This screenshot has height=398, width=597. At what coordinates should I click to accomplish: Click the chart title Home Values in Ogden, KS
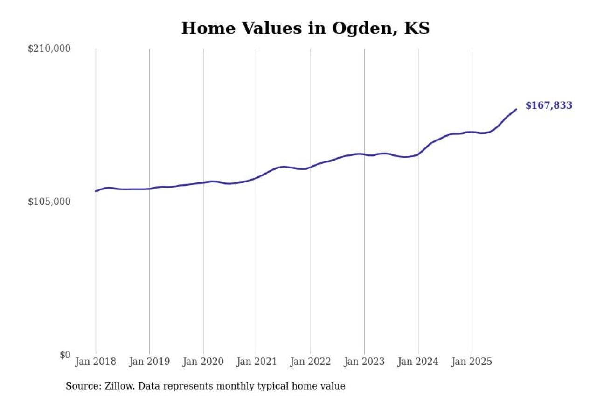pyautogui.click(x=305, y=28)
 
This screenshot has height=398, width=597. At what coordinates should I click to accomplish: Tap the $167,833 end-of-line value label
pyautogui.click(x=548, y=106)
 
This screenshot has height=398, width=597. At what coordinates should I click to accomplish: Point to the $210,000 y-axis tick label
pyautogui.click(x=49, y=49)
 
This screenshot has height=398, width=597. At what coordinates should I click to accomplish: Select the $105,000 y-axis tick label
pyautogui.click(x=49, y=202)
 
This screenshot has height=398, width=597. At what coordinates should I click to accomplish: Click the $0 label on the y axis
pyautogui.click(x=65, y=355)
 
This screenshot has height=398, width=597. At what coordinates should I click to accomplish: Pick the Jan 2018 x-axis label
pyautogui.click(x=96, y=362)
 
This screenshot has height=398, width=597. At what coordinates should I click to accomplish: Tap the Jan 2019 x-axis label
pyautogui.click(x=149, y=362)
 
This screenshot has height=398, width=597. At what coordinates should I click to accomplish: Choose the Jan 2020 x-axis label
pyautogui.click(x=203, y=362)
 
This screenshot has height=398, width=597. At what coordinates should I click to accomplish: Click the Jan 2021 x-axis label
pyautogui.click(x=257, y=362)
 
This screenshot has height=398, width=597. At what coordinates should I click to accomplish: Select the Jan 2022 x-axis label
pyautogui.click(x=310, y=362)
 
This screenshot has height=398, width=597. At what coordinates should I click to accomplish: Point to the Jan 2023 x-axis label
pyautogui.click(x=364, y=362)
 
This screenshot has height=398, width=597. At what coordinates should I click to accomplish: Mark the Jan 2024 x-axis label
pyautogui.click(x=418, y=362)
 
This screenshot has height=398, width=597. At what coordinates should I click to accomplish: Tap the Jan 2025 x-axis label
pyautogui.click(x=472, y=362)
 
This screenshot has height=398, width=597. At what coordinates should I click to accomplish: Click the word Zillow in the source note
pyautogui.click(x=116, y=386)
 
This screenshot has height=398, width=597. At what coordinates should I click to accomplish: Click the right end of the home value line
pyautogui.click(x=516, y=109)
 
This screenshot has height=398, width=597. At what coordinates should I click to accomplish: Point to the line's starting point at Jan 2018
pyautogui.click(x=96, y=191)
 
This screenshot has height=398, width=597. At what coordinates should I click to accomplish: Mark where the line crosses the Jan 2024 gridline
pyautogui.click(x=418, y=154)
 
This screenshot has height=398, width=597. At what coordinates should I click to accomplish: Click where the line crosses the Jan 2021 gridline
pyautogui.click(x=257, y=178)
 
